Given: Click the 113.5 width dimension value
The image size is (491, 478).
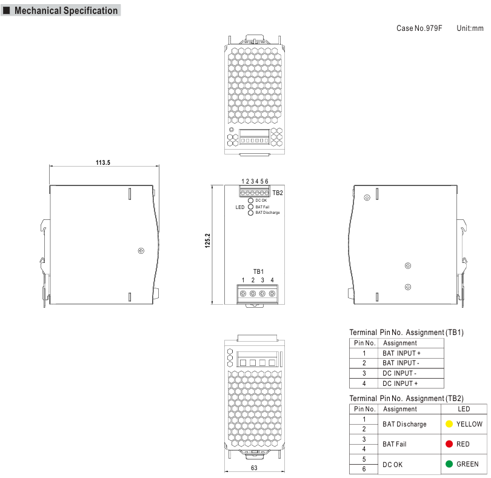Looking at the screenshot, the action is click(103, 162).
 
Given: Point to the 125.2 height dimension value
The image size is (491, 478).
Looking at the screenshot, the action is click(207, 241).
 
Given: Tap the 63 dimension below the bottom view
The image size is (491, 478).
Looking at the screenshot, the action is click(254, 468).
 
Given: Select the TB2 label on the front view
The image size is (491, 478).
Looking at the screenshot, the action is click(278, 193).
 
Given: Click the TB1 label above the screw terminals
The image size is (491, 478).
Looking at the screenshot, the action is click(258, 271).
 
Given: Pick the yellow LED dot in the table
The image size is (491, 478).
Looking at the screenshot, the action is click(449, 424).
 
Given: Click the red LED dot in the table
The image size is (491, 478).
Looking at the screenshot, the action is click(449, 444).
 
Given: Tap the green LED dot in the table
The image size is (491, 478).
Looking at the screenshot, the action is click(449, 464).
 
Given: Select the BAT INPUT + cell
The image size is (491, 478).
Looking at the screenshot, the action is click(401, 353).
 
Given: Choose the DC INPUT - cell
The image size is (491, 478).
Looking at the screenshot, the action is click(399, 373).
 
